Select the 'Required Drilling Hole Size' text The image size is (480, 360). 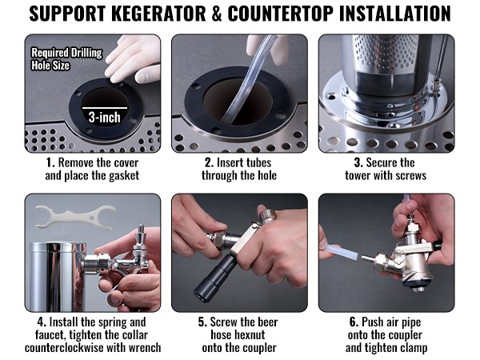[66, 60]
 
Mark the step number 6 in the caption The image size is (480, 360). [353, 322]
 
